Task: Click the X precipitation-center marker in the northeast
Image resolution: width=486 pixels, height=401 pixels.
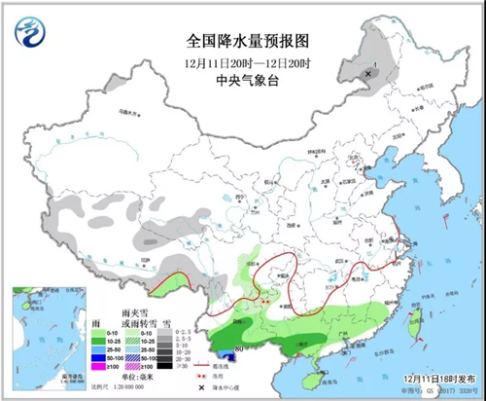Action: click(367, 73)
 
